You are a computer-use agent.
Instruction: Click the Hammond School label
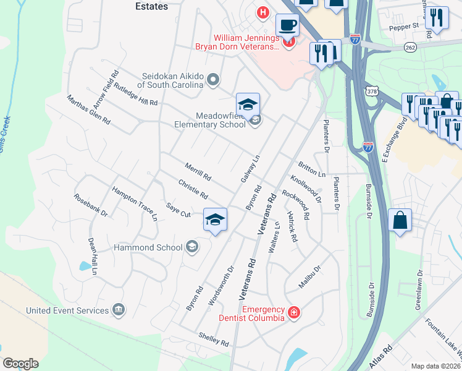pos(148,247)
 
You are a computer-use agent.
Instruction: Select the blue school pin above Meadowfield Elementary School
pos(248,105)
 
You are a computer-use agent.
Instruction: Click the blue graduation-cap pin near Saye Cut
pos(215,220)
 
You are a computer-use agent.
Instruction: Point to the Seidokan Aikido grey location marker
pos(213,79)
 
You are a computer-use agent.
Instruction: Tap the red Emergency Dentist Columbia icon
pos(293,313)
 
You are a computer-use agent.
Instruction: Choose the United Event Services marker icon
pos(118,309)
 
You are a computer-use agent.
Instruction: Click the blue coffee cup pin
pos(287,26)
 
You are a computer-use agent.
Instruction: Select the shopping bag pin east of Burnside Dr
pos(400,221)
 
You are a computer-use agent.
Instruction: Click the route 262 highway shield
pos(409,47)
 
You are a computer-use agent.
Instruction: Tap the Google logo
pos(20,364)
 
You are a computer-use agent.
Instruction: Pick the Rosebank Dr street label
pos(91,205)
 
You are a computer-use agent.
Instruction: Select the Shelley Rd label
pos(214,339)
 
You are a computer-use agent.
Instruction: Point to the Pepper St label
pos(404,28)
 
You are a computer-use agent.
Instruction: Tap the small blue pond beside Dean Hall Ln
pos(84,267)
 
